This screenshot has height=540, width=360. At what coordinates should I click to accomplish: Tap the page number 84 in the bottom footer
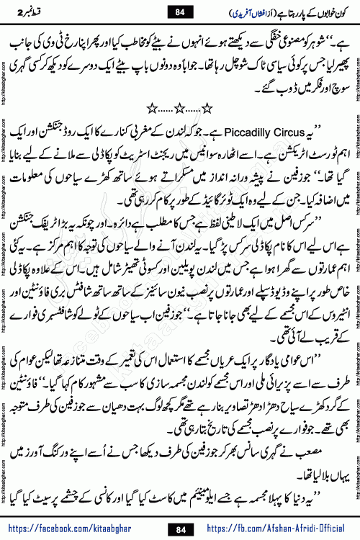tap(179, 528)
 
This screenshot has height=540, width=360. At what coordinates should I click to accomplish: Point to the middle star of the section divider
tap(179, 108)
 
